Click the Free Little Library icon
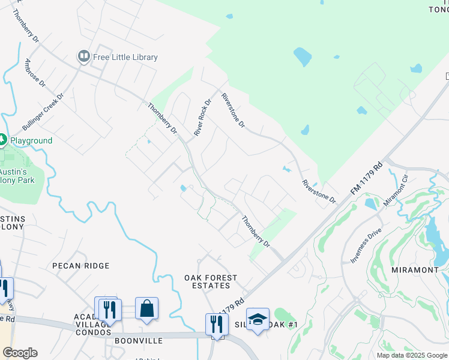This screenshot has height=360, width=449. tap(83, 57)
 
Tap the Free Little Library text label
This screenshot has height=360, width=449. tap(125, 58)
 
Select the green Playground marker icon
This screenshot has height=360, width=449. tap(2, 140)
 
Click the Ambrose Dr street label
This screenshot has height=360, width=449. tap(35, 73)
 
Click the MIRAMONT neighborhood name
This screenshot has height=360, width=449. tap(415, 270)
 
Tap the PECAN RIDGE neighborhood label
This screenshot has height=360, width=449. tap(81, 266)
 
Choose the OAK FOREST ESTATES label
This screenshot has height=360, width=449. tap(211, 282)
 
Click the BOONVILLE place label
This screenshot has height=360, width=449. tap(138, 341)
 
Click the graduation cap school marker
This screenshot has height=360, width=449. tap(258, 319)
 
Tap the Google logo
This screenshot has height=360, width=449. tap(20, 353)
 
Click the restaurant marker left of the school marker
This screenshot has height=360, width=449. tap(217, 324)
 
